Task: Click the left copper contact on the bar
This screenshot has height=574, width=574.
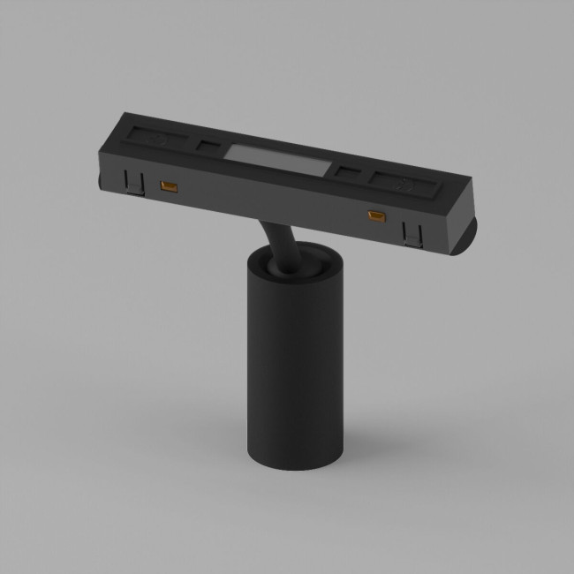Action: (x=165, y=185)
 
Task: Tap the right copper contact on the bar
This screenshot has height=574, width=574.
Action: (x=376, y=215)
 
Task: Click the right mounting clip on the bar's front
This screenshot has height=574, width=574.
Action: (x=412, y=233)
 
